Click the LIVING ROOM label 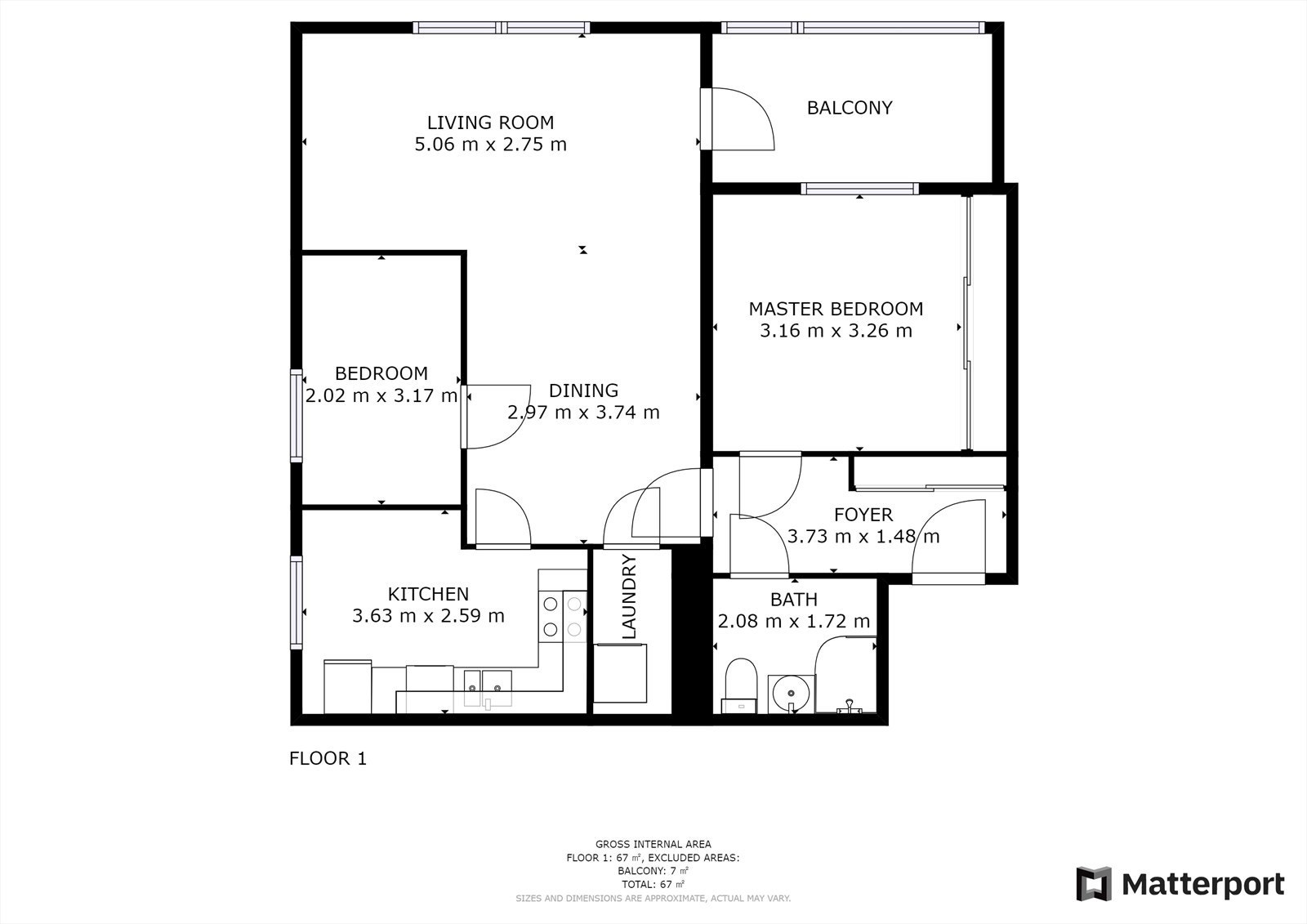pyautogui.click(x=490, y=123)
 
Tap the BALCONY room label pyautogui.click(x=850, y=108)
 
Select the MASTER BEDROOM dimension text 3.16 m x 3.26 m pyautogui.click(x=836, y=331)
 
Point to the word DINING pyautogui.click(x=583, y=391)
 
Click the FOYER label pyautogui.click(x=863, y=515)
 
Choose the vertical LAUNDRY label pyautogui.click(x=629, y=596)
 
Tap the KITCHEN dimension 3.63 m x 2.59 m pyautogui.click(x=428, y=616)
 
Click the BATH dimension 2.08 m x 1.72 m pyautogui.click(x=793, y=621)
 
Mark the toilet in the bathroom pyautogui.click(x=740, y=685)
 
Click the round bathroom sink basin pyautogui.click(x=791, y=694)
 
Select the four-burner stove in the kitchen pyautogui.click(x=563, y=616)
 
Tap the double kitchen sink pyautogui.click(x=488, y=688)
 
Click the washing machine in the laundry pyautogui.click(x=620, y=673)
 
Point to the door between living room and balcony pyautogui.click(x=738, y=118)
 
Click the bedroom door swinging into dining pyautogui.click(x=496, y=416)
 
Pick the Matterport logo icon pyautogui.click(x=1094, y=884)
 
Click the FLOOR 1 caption pyautogui.click(x=328, y=758)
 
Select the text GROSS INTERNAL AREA pyautogui.click(x=653, y=844)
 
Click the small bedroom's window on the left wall pyautogui.click(x=297, y=416)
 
